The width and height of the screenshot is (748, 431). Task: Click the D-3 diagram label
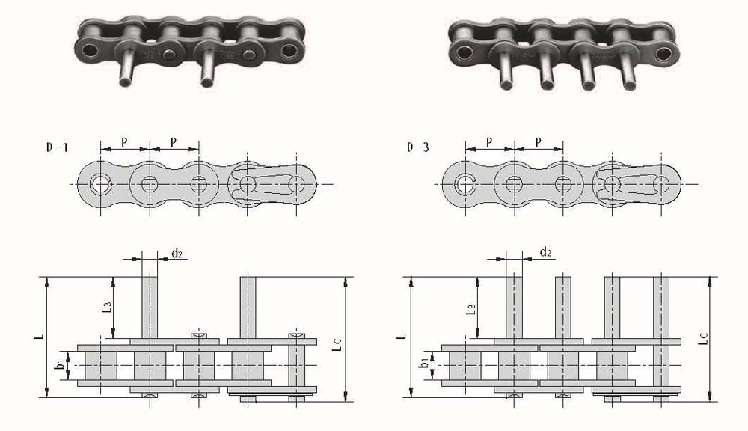coord(418,147)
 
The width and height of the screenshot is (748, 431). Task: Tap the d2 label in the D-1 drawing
coord(177,253)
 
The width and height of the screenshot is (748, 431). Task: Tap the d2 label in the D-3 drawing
coord(545,251)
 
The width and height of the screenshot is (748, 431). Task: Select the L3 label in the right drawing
coord(470,309)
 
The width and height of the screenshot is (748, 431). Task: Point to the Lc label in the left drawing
coord(337,345)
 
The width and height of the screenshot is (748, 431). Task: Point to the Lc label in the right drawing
coord(703,338)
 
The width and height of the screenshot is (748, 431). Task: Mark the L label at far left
coord(40,336)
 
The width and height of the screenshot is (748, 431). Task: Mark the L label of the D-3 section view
coord(402,336)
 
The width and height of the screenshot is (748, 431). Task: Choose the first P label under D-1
coord(124,142)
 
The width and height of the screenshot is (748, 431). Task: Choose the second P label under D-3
coord(538,142)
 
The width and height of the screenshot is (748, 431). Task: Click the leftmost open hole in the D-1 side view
coord(101,184)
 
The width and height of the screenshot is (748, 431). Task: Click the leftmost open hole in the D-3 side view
coord(465,184)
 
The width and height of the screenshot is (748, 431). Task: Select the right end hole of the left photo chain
coord(289,50)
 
